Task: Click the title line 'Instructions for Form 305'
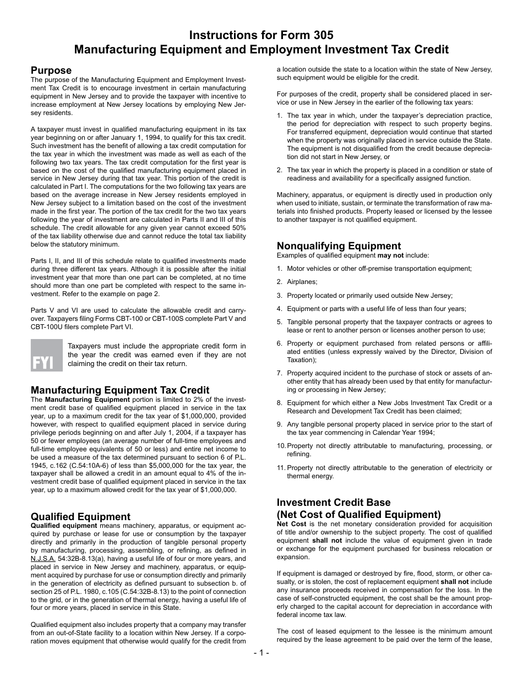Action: click(261, 35)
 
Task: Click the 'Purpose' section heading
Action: click(51, 70)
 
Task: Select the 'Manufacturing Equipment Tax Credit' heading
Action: click(120, 390)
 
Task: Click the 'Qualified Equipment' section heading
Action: click(80, 516)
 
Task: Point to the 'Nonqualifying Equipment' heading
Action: click(339, 246)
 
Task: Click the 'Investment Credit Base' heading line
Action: click(334, 503)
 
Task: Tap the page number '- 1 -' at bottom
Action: click(261, 653)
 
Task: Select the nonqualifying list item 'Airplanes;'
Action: click(302, 281)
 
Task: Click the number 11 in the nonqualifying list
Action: click(280, 468)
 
